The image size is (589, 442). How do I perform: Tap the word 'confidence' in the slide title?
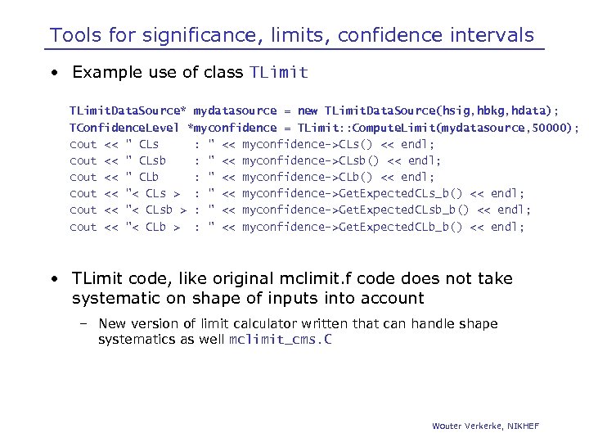click(381, 36)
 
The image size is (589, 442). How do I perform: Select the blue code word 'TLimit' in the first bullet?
click(278, 73)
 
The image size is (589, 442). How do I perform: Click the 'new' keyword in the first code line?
click(308, 110)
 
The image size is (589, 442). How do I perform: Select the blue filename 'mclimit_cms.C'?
click(280, 340)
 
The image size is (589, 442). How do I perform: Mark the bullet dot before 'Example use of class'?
click(53, 73)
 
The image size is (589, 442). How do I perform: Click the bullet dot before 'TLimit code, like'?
click(53, 279)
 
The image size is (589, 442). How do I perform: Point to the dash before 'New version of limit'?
click(84, 324)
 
